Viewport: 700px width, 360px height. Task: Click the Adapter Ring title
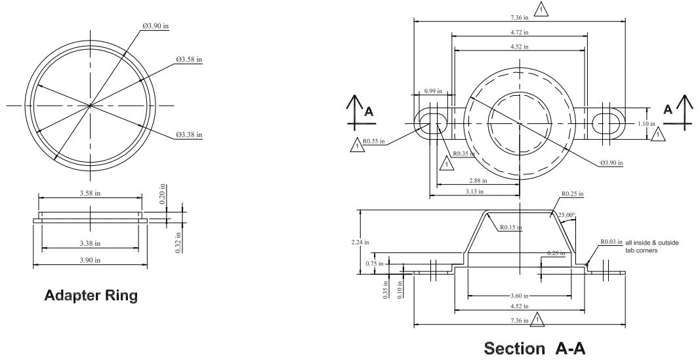pos(91,296)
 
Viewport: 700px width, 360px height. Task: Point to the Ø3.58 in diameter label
pos(189,59)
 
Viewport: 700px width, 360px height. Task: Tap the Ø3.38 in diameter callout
pos(189,134)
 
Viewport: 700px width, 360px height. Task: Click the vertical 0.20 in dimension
pos(162,196)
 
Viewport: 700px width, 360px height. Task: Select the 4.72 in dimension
pos(519,32)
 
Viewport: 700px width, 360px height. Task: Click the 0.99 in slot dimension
pos(433,91)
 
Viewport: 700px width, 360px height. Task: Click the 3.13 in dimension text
pos(474,191)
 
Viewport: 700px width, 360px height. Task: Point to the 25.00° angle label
pos(567,214)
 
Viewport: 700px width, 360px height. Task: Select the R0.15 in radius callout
pos(510,228)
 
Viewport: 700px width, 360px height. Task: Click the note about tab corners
pos(651,247)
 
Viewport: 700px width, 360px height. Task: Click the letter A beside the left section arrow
pos(369,111)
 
